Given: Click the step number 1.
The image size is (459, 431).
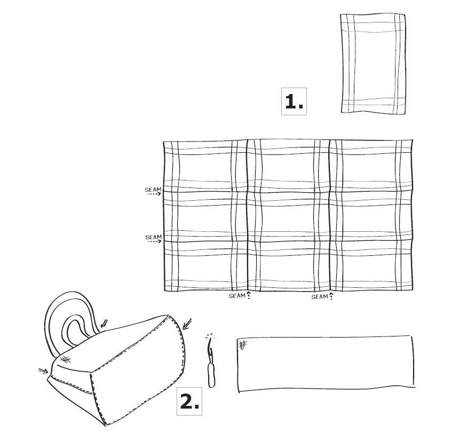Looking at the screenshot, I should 294,101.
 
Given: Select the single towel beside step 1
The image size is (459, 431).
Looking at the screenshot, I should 373,64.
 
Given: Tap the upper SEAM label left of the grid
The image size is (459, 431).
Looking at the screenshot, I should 153,190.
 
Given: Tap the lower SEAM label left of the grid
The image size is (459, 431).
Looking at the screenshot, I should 153,237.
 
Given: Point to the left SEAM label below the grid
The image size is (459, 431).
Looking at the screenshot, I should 237,296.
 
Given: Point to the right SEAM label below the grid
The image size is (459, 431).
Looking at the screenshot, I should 319,296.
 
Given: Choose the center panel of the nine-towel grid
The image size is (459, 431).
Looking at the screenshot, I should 288,216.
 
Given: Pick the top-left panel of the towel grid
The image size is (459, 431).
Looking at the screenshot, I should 205,165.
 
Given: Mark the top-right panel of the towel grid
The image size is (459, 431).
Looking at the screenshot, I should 371,165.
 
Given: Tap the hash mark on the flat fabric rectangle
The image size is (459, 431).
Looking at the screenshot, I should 243,344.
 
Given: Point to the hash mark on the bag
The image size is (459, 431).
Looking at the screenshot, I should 66,359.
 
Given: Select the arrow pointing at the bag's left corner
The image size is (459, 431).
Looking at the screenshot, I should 42,369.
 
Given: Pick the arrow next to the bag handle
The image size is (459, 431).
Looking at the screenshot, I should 103,323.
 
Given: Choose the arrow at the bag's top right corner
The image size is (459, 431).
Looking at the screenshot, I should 187,323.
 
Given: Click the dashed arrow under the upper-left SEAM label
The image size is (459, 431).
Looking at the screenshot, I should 154,194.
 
